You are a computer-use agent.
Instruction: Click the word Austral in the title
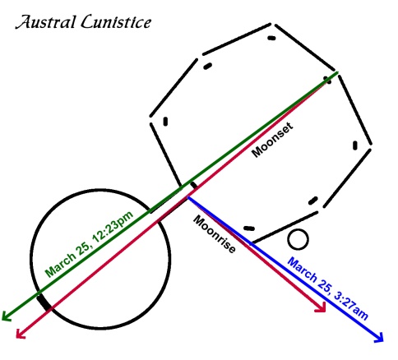click(x=45, y=22)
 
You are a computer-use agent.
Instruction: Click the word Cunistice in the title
click(x=116, y=22)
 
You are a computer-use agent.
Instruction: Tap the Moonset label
click(x=272, y=140)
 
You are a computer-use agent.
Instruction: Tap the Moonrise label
click(x=215, y=234)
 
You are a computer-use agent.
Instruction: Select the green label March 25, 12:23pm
click(x=89, y=245)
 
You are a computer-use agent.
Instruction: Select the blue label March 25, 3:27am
click(x=327, y=288)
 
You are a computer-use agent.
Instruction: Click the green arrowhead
click(x=6, y=316)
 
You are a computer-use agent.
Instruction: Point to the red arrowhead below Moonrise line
click(x=322, y=307)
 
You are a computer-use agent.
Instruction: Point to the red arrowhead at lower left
click(x=21, y=334)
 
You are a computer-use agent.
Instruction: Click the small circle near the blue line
click(x=298, y=239)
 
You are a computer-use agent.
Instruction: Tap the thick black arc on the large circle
click(x=44, y=302)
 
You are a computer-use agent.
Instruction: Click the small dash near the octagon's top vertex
click(x=271, y=38)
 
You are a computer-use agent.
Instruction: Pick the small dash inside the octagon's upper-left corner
click(x=207, y=66)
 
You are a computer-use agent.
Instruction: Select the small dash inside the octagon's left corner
click(x=165, y=122)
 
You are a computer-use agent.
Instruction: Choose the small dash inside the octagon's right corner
click(x=355, y=145)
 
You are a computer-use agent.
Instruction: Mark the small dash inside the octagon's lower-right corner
click(x=313, y=201)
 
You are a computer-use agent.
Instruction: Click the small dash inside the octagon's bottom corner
click(x=249, y=228)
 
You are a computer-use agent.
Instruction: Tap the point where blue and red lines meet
click(x=187, y=196)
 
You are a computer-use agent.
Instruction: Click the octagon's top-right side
click(x=305, y=48)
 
